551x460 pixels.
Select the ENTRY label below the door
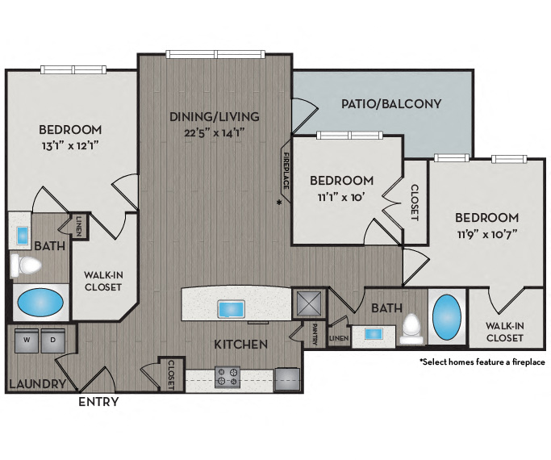pos(98,402)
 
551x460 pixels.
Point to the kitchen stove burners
pos(227,375)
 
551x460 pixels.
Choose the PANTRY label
pos(315,332)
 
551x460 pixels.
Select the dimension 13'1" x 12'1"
pos(71,145)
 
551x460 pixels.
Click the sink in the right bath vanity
pos(374,333)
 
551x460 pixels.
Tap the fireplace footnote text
pos(482,362)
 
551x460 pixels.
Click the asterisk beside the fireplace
pos(280,202)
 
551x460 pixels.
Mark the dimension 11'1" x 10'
pos(341,195)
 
